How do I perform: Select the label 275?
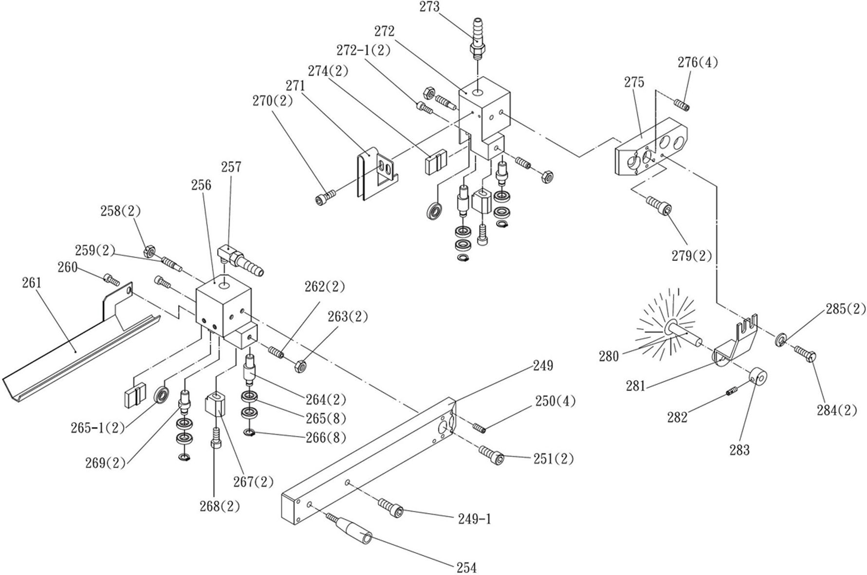pos(634,82)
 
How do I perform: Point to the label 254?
pos(466,568)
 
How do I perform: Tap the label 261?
pos(32,282)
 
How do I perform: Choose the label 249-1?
pos(475,519)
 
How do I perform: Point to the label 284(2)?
pos(837,410)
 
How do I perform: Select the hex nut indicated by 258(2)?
pos(149,251)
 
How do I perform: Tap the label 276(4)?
pos(698,62)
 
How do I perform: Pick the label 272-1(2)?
pos(363,50)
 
